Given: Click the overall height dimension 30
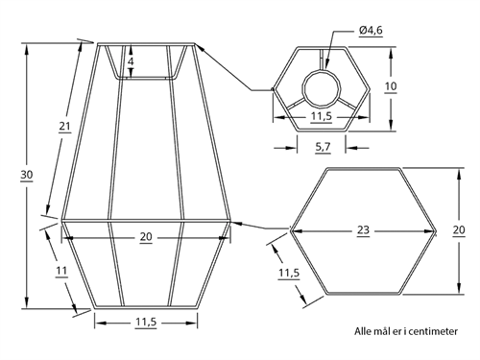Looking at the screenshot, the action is point(27,175).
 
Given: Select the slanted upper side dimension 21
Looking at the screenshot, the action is point(64,127).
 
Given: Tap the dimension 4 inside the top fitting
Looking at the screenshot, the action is point(131,61).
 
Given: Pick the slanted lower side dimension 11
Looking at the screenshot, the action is point(61,271).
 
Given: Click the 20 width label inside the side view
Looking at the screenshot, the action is point(146,237).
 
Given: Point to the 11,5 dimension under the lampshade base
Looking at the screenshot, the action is point(146,323).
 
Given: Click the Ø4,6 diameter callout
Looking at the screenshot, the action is point(371,31).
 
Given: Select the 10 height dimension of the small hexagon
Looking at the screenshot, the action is point(391,86).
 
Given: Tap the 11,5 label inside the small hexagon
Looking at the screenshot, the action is point(322,116).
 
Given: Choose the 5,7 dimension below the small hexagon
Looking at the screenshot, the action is point(323,147).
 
